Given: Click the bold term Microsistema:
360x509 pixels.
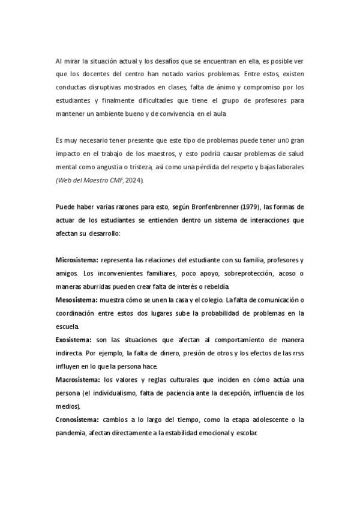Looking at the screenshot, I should [77, 259].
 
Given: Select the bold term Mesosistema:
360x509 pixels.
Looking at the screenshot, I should [76, 300].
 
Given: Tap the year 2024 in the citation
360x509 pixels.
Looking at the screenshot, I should [133, 180].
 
